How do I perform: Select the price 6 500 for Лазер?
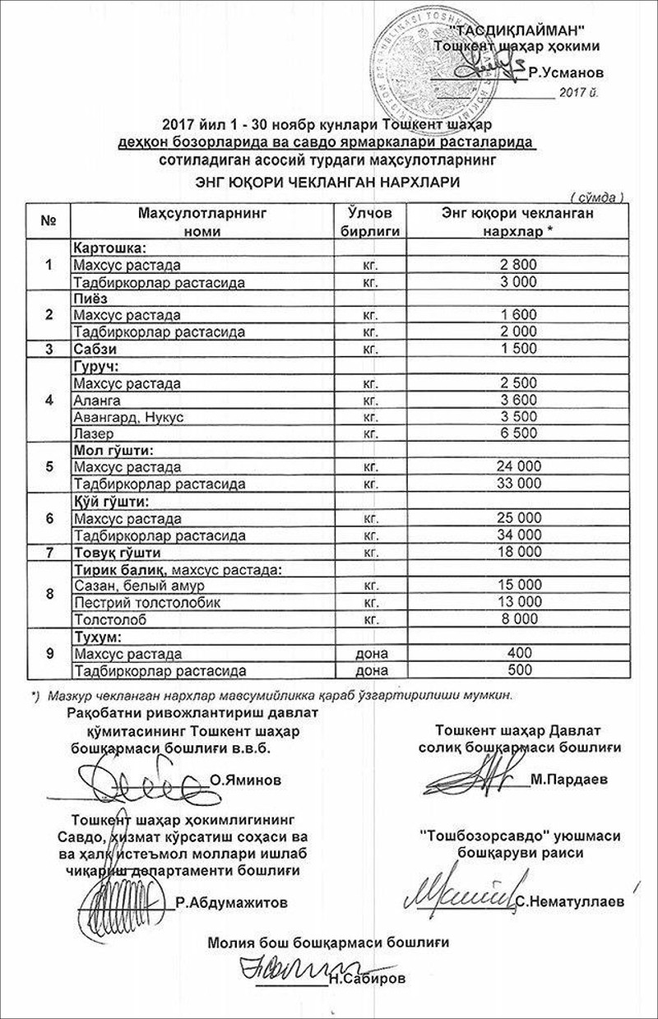(x=517, y=433)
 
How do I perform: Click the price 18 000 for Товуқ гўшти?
(x=517, y=552)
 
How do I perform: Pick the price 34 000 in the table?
(x=517, y=535)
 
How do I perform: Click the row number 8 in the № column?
(x=49, y=594)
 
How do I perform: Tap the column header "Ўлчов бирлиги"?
(x=369, y=222)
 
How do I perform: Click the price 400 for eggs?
(x=517, y=654)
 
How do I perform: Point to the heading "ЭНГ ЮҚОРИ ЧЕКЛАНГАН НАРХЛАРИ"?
(x=327, y=181)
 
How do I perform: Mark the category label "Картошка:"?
(x=109, y=248)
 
